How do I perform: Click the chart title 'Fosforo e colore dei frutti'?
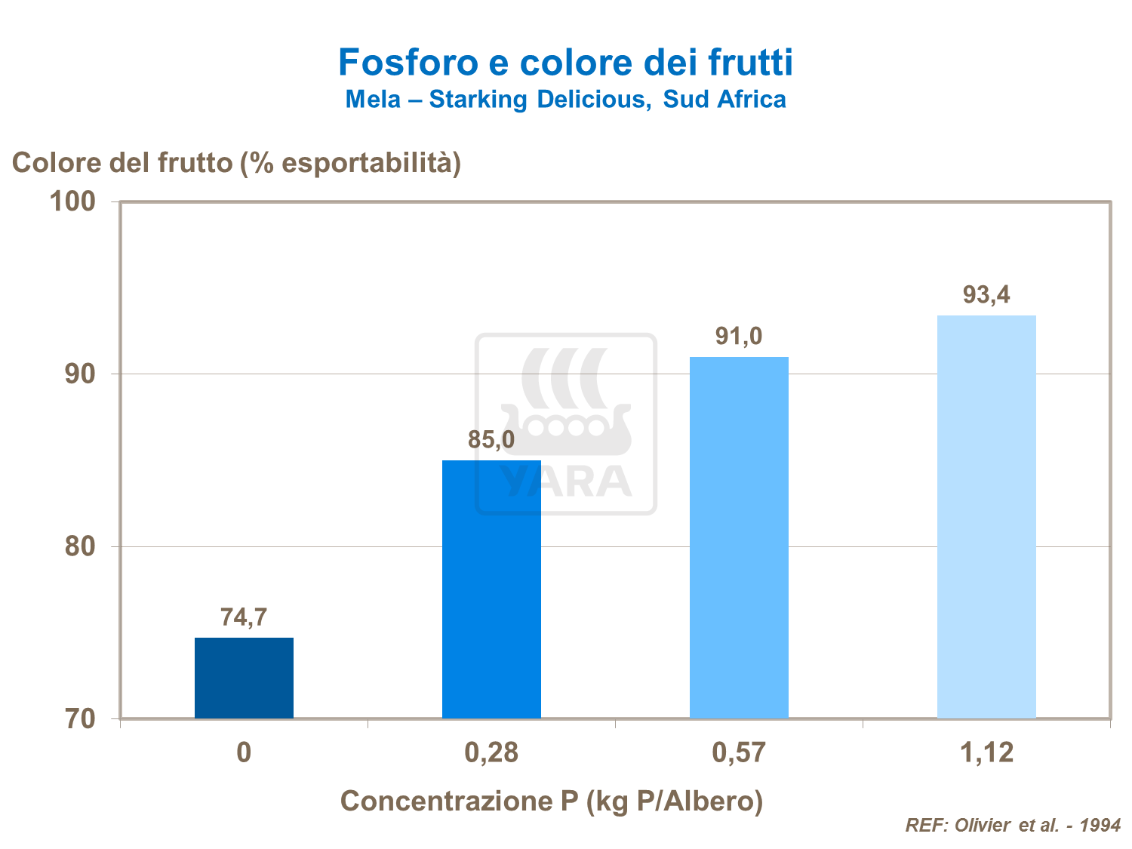click(x=565, y=62)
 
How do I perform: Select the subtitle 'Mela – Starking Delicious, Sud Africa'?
click(x=565, y=100)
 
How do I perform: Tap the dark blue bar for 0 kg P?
click(x=244, y=678)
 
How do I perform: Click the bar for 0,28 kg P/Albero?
click(x=491, y=589)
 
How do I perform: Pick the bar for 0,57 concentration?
click(x=739, y=537)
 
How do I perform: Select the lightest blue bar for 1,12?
click(x=986, y=516)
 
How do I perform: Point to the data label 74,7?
click(x=244, y=617)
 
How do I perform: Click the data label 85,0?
click(x=491, y=439)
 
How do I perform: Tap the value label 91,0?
click(x=739, y=336)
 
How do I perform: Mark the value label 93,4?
click(x=986, y=294)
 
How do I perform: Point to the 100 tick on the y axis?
click(x=72, y=201)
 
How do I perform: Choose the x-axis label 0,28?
click(x=491, y=752)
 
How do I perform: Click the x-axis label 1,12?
click(x=986, y=752)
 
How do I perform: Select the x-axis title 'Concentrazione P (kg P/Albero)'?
click(x=552, y=801)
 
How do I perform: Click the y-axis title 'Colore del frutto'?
click(x=236, y=162)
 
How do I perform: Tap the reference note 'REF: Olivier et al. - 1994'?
click(x=1013, y=825)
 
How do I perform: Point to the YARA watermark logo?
click(x=565, y=424)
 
